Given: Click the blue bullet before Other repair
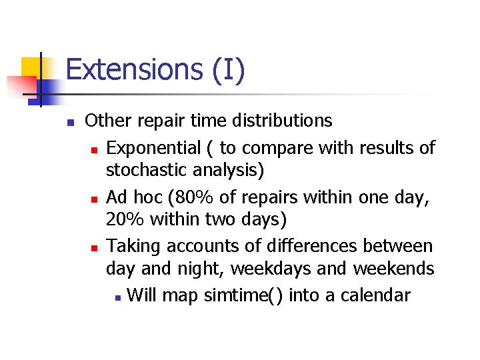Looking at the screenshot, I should coord(69,123).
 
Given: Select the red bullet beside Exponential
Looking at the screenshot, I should coord(95,149).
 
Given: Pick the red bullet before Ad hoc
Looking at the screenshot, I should coord(95,199).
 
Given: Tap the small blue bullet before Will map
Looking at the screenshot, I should coord(117,296).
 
